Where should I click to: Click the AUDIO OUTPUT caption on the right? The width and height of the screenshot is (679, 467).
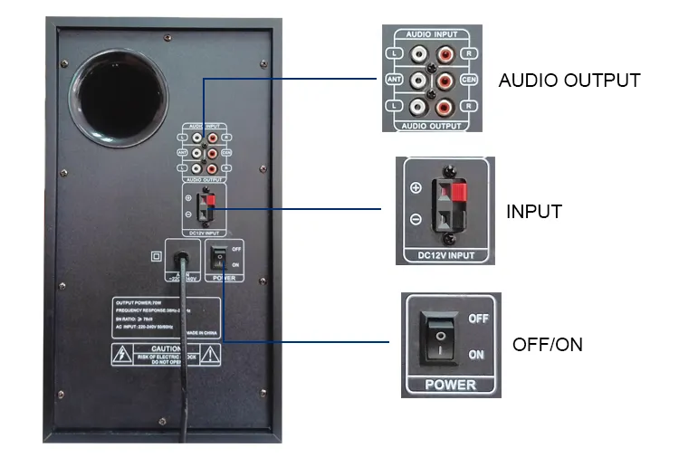(569, 81)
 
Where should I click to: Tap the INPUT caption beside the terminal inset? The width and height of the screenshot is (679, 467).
(533, 213)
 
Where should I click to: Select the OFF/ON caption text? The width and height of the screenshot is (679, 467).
(548, 345)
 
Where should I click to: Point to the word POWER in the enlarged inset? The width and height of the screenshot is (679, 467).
(451, 384)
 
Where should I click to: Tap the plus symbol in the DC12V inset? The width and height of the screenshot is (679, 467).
(416, 187)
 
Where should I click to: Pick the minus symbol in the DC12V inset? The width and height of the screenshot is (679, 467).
(416, 219)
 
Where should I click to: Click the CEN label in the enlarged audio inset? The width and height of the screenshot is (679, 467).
(470, 79)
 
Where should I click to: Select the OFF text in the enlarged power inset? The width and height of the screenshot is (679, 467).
(477, 319)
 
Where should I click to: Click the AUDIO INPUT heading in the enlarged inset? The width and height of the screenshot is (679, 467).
(431, 33)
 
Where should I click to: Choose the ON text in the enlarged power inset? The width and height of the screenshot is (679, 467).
(476, 355)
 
